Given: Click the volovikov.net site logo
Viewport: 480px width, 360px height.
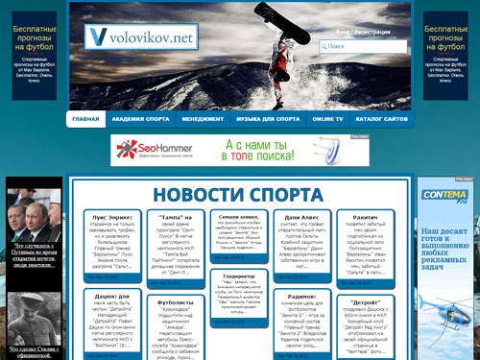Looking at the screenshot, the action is click(139, 38).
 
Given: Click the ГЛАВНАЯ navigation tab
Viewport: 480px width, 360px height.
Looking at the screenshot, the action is click(85, 119).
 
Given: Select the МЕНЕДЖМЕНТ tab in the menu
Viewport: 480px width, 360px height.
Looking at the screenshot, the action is click(203, 119).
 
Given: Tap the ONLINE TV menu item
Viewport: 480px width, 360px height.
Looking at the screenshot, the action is click(327, 119).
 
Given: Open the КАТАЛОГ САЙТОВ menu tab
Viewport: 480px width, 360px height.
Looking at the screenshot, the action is click(381, 119).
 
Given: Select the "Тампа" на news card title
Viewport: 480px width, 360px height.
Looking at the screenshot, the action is click(175, 218).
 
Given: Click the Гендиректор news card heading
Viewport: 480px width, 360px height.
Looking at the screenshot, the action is click(238, 276).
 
